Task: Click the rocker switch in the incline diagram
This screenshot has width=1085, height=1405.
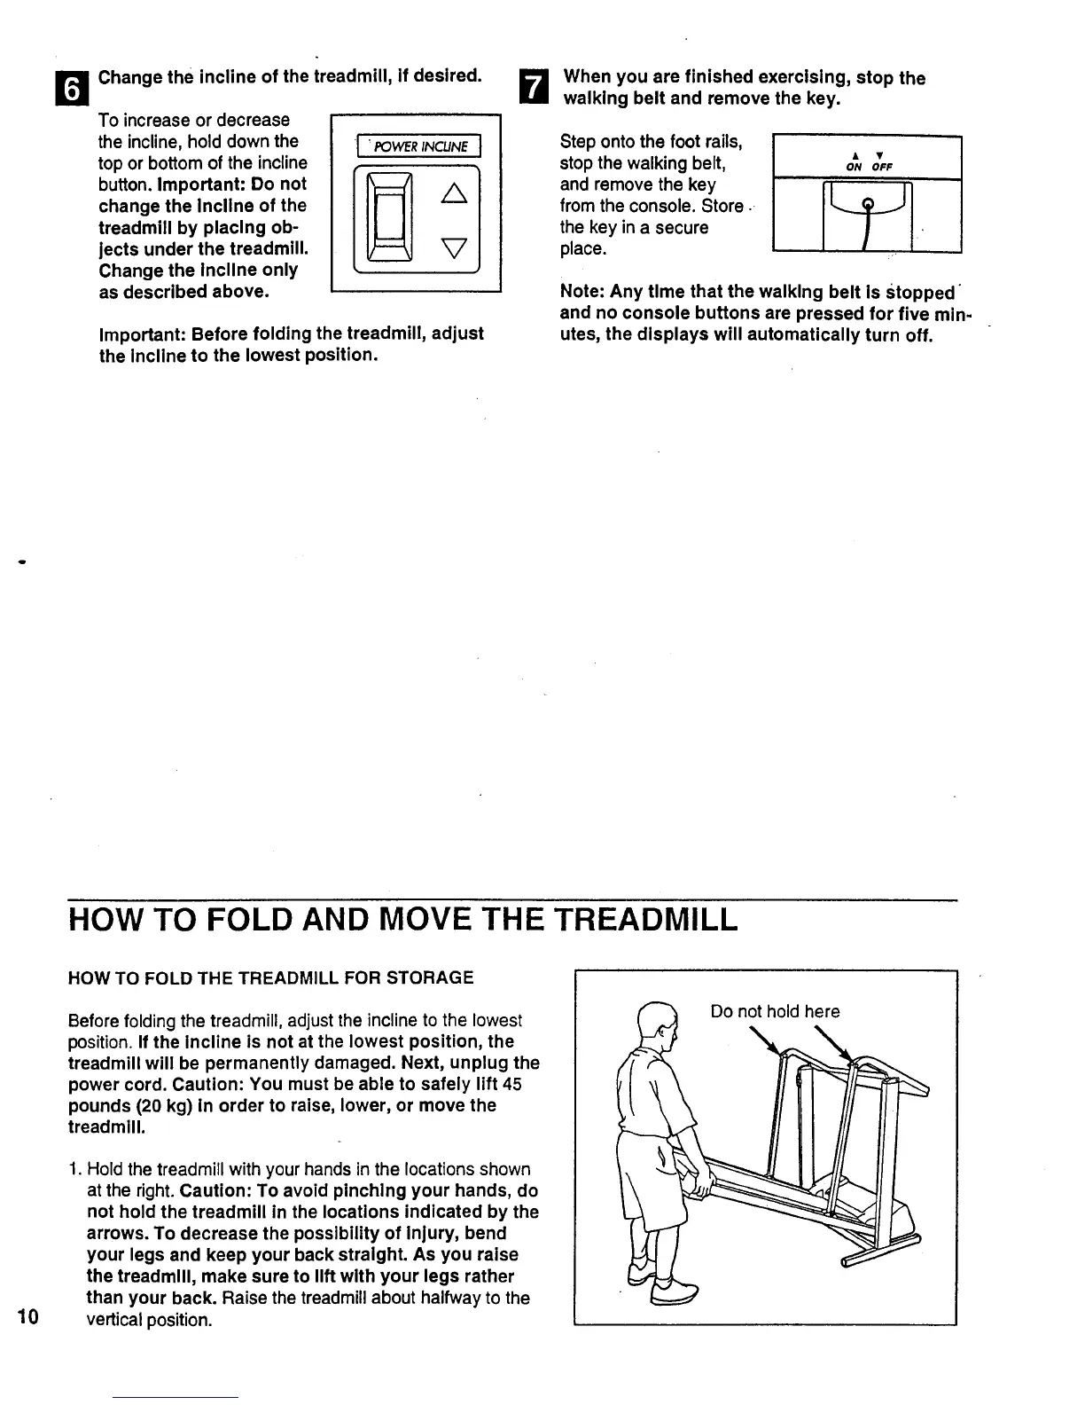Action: [x=389, y=220]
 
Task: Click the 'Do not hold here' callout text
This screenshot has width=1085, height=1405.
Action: [x=775, y=1011]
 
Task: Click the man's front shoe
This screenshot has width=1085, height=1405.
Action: [x=672, y=1298]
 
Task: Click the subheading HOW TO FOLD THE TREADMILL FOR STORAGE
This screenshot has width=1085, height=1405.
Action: [x=271, y=977]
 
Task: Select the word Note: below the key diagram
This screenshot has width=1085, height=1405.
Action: [x=582, y=292]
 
